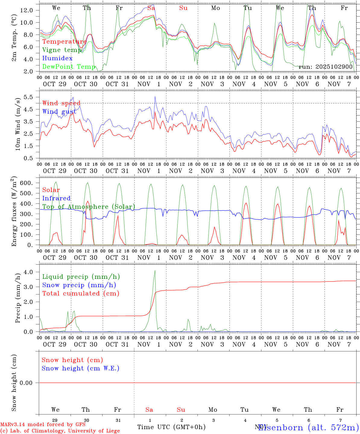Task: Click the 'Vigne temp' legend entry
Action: (62, 50)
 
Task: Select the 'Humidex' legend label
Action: (57, 58)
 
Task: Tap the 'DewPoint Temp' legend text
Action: (69, 67)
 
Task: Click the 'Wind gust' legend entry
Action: (59, 112)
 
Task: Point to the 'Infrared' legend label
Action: (56, 198)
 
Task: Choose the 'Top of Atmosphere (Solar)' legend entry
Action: (88, 207)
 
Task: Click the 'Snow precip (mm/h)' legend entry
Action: (79, 285)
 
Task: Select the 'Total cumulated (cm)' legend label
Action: (81, 294)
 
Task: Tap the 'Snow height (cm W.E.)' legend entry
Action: (80, 368)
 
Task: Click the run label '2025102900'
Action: (326, 67)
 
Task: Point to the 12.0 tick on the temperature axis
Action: (27, 10)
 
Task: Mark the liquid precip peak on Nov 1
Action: (155, 271)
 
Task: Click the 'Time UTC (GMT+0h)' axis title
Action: (171, 427)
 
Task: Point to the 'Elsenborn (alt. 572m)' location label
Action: (308, 427)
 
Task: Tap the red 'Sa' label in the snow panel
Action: (149, 410)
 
